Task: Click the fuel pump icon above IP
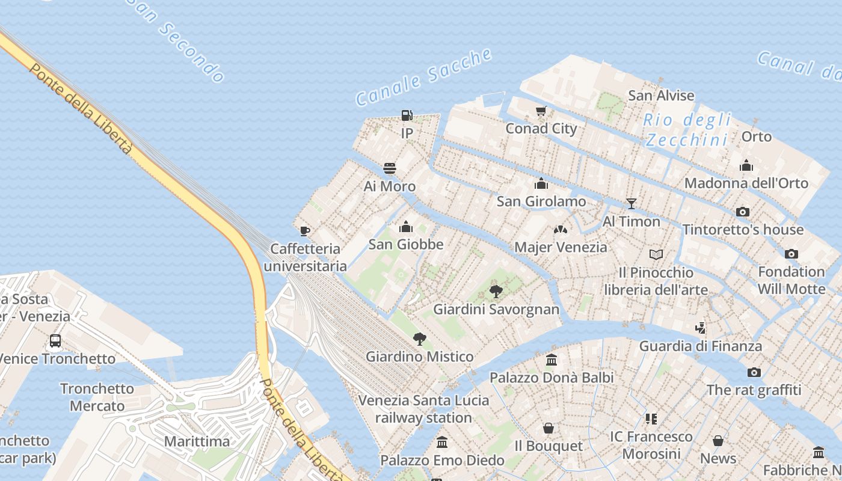(x=407, y=115)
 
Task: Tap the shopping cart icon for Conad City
(x=541, y=111)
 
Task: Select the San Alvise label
(x=661, y=96)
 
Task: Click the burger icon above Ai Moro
(x=390, y=168)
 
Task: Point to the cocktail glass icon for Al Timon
(x=631, y=203)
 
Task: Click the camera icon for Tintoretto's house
(x=743, y=212)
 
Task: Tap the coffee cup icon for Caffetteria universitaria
(x=305, y=231)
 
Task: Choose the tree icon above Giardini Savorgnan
(x=496, y=292)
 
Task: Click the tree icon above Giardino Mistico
(x=420, y=339)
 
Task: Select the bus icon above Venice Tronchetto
(x=55, y=341)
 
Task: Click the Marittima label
(x=197, y=441)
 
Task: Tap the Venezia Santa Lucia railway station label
(x=423, y=409)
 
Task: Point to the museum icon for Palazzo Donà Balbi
(x=552, y=360)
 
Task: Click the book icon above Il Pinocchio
(x=656, y=255)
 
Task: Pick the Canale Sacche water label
(x=424, y=77)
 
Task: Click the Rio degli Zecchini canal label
(x=687, y=129)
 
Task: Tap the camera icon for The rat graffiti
(x=754, y=372)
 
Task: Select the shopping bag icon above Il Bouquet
(x=549, y=428)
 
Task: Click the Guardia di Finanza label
(x=700, y=346)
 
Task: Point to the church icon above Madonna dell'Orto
(x=746, y=165)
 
